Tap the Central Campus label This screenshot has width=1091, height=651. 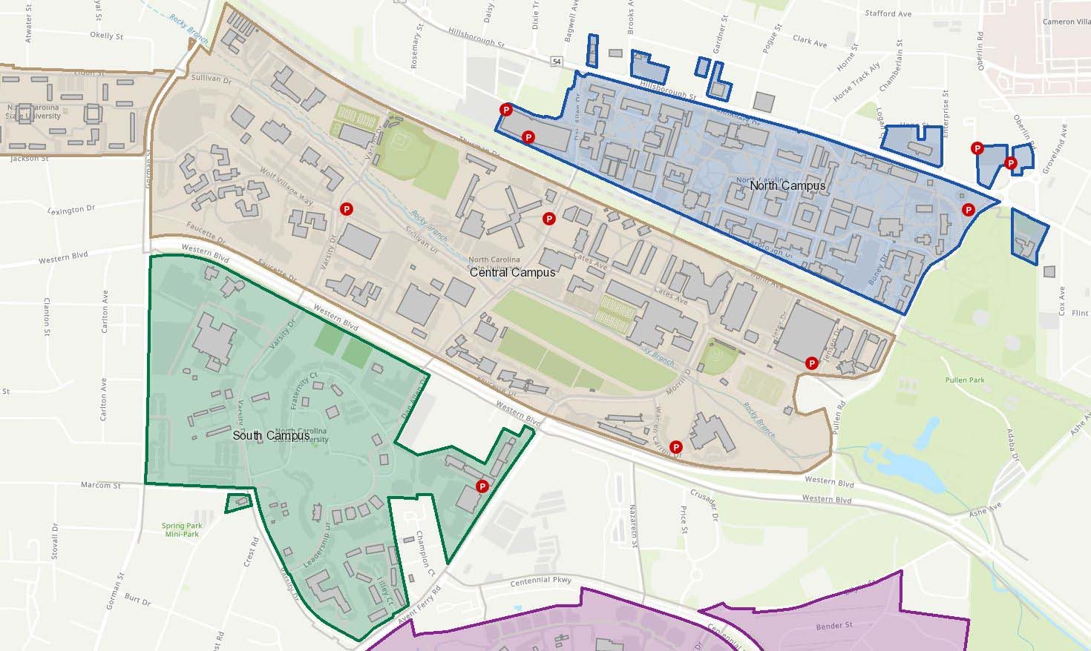click(x=512, y=273)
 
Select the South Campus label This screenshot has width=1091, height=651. click(x=271, y=435)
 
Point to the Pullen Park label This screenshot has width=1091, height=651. click(x=965, y=380)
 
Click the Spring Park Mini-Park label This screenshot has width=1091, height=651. click(x=182, y=529)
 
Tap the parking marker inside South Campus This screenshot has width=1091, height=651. click(x=482, y=486)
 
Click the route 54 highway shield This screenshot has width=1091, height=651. click(x=557, y=62)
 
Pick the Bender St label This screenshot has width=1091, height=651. click(x=833, y=626)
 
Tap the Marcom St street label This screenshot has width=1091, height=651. click(x=100, y=486)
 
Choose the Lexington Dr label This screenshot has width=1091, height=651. click(x=71, y=210)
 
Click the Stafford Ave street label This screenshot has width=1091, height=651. click(x=888, y=13)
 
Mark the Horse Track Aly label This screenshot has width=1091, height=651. click(x=856, y=83)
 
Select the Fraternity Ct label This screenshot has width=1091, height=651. click(x=304, y=386)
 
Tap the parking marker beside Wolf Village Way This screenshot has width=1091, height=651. click(x=345, y=210)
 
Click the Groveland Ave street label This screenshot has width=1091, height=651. click(x=1058, y=149)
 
